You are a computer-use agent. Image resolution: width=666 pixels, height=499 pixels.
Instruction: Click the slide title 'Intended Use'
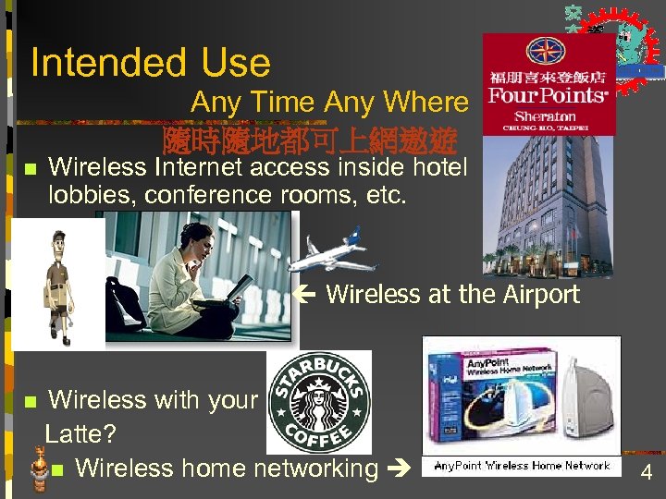pos(151,63)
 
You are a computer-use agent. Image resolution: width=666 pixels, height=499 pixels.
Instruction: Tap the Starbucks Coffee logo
pos(319,402)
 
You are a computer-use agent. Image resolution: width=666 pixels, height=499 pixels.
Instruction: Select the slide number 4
pos(647,474)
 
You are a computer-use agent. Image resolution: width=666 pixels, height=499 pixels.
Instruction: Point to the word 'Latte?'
pos(80,432)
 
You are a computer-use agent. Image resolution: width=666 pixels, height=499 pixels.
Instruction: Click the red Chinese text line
pos(309,140)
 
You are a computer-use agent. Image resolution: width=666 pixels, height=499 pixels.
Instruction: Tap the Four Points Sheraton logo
pos(549,84)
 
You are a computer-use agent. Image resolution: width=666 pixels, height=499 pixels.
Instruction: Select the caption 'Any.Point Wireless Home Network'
pos(522,467)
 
